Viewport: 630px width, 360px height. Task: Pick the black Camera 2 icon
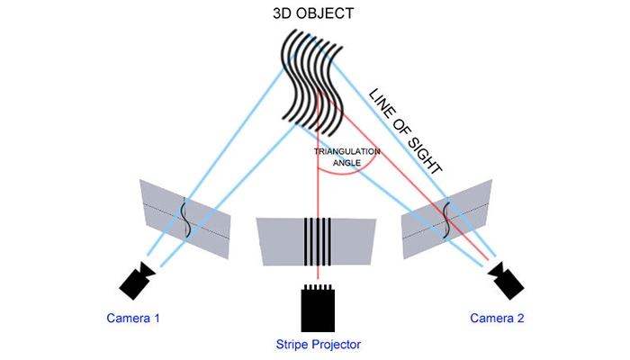(505, 280)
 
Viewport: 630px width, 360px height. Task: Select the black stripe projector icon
(319, 307)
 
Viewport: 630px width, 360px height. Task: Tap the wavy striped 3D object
(310, 81)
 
